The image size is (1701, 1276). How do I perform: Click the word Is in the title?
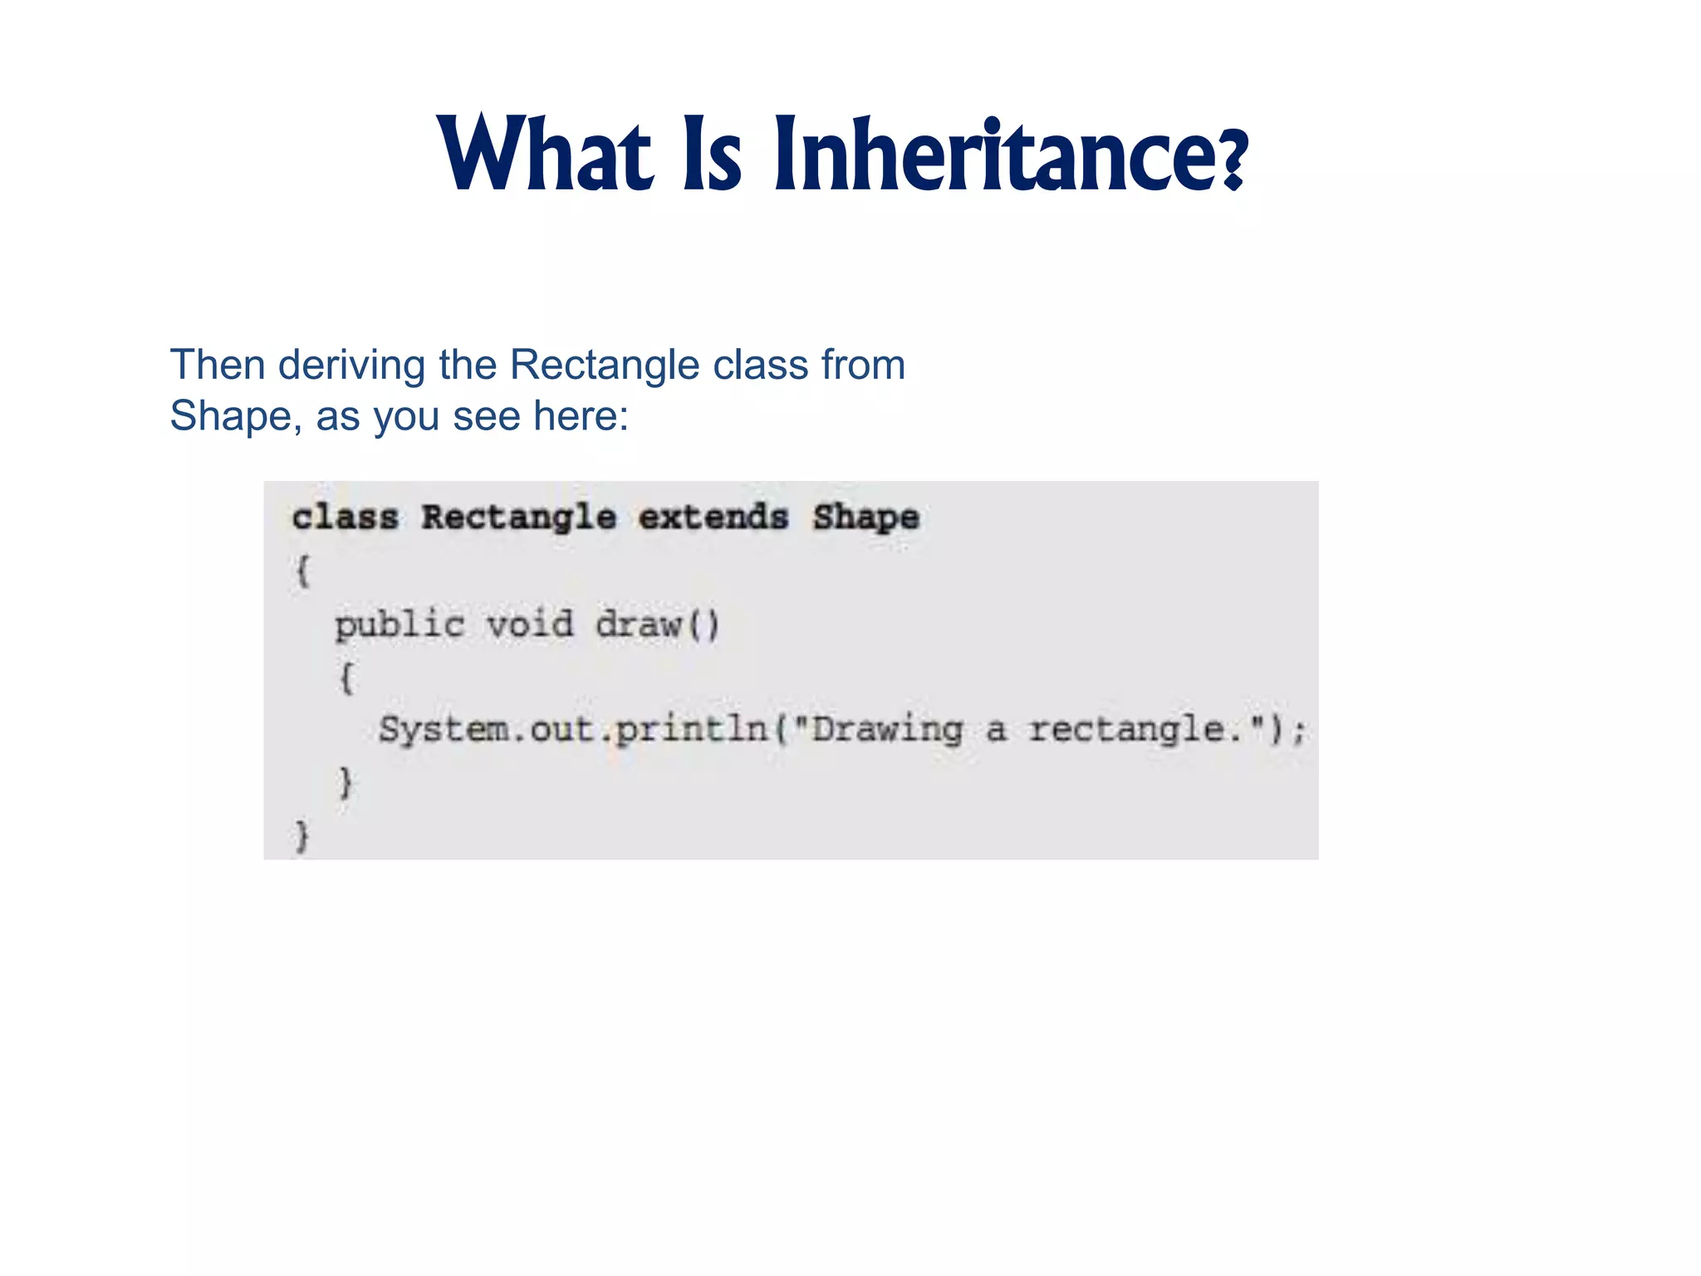click(713, 155)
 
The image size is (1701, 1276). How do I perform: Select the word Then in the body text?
click(217, 365)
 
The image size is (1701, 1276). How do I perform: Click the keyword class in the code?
click(345, 518)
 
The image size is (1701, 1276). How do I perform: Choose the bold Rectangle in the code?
click(518, 518)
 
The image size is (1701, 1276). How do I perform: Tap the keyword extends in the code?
click(713, 518)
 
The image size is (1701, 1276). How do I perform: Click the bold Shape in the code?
click(865, 518)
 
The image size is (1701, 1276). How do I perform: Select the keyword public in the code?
click(400, 625)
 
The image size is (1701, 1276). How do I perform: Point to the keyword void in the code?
click(529, 625)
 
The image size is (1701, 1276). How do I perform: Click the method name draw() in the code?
click(657, 625)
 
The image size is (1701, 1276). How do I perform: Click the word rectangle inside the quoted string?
click(1126, 729)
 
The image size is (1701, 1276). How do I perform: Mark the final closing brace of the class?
click(301, 836)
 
